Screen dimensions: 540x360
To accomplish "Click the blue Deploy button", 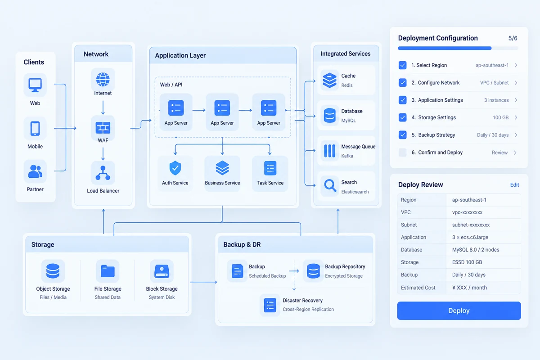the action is pos(459,310).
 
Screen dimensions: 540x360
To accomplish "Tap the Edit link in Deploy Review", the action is pos(514,184).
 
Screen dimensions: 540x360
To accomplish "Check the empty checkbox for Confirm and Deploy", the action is pos(402,153).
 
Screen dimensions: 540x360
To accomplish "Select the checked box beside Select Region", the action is pos(402,65).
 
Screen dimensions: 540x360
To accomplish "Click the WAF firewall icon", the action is pos(103,127).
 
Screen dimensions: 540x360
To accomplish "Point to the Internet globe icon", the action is pos(103,79).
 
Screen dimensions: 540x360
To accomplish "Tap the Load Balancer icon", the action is pos(103,173).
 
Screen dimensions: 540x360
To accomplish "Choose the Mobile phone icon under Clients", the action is pos(35,128).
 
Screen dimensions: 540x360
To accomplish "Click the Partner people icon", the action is pos(35,171).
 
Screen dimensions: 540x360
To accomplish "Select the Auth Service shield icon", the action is pos(175,168).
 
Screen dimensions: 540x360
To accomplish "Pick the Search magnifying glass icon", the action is pos(330,185).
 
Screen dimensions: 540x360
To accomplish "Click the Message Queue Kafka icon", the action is pos(329,151).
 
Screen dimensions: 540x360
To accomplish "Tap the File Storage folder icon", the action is pos(108,271).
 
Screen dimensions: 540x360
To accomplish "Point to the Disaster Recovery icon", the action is pos(270,305).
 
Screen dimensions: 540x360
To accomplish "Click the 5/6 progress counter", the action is pos(513,38).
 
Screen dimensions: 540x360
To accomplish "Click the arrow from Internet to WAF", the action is pos(103,108).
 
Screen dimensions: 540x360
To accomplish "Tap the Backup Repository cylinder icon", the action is pos(313,271).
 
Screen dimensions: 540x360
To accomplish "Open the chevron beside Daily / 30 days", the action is pos(516,135).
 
